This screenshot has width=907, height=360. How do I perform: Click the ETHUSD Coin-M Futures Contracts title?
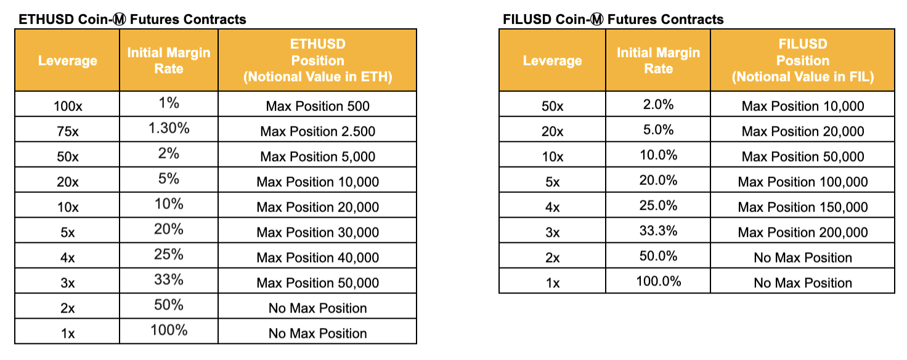(132, 19)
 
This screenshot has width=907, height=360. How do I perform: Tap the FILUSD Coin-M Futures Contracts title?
(613, 19)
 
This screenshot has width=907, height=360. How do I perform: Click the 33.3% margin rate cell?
(659, 231)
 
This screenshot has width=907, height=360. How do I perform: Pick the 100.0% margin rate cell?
(659, 281)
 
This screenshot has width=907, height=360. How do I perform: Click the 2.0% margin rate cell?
(659, 104)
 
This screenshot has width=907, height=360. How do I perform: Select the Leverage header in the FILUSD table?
(552, 60)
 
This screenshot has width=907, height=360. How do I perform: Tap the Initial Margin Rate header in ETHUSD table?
(169, 60)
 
